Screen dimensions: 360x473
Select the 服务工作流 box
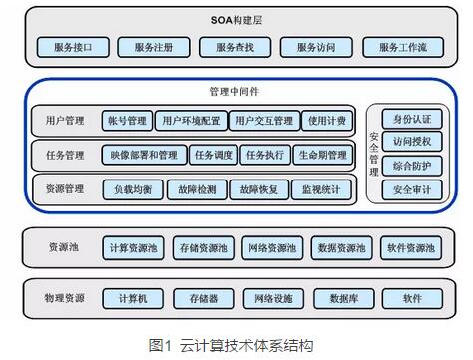[395, 46]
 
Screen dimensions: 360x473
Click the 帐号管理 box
[129, 121]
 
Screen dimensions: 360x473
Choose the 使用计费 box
[326, 121]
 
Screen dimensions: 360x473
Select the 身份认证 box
[411, 120]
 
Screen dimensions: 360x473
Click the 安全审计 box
[411, 188]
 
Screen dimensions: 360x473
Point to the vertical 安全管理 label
[374, 154]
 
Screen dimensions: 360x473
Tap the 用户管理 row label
[64, 121]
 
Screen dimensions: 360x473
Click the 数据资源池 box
[340, 247]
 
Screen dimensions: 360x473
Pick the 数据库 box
[343, 298]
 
